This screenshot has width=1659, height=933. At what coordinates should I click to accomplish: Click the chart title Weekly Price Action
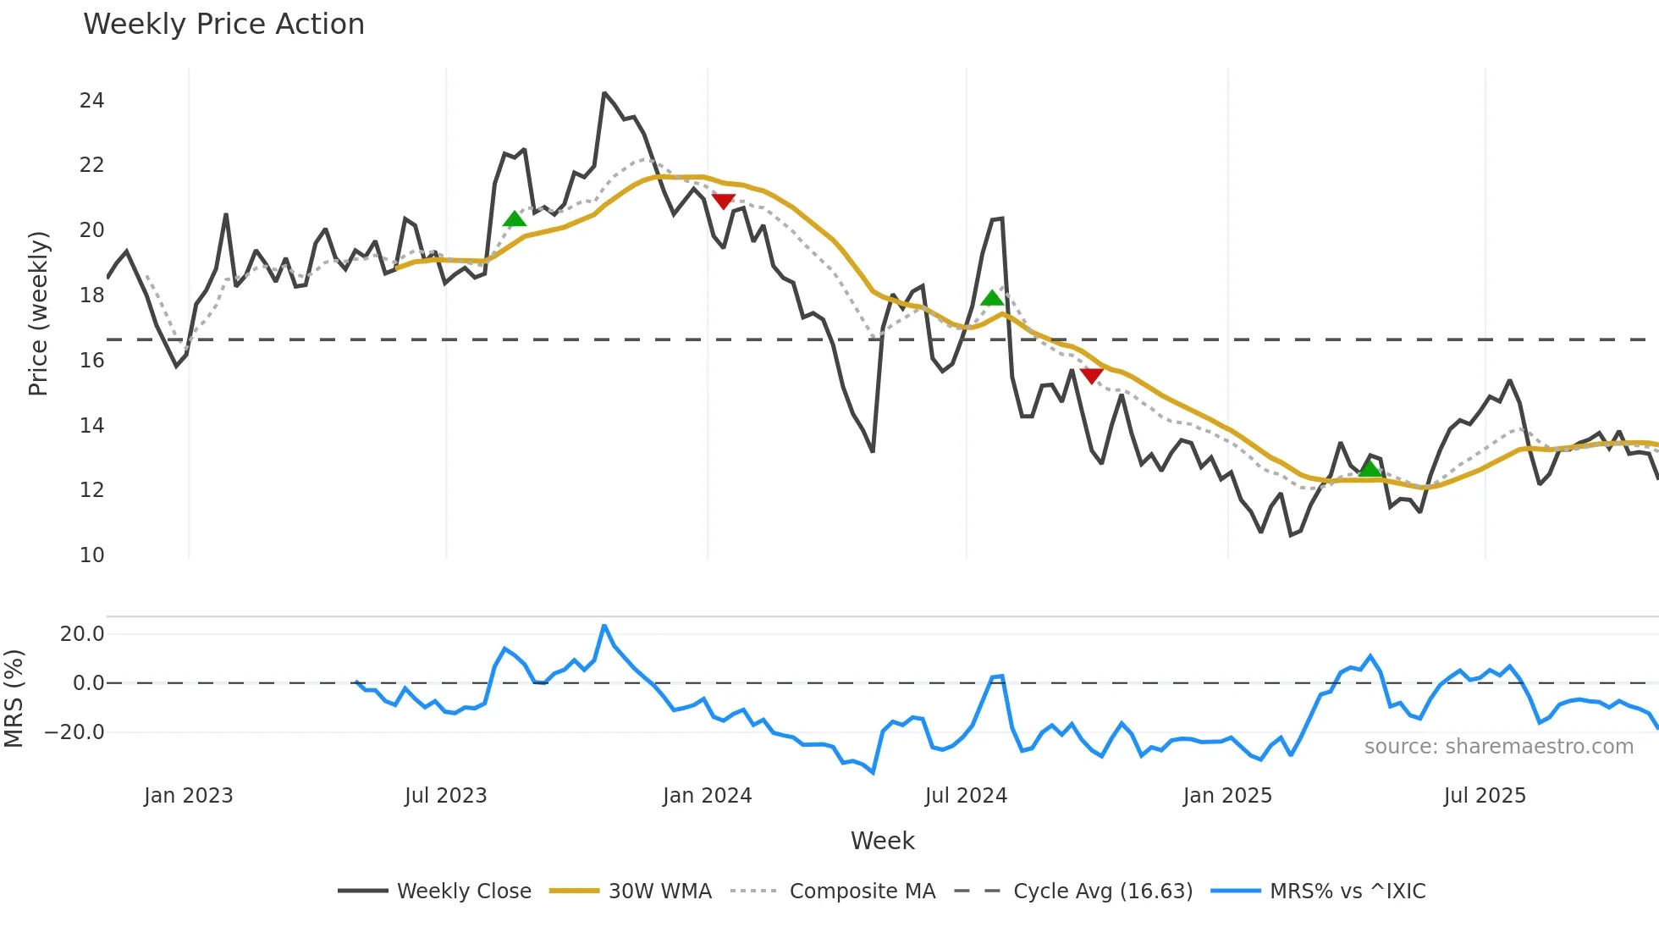coord(223,25)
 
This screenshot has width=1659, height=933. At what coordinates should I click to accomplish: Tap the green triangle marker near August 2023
coord(514,220)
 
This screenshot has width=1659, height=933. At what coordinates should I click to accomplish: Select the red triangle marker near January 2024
coord(723,201)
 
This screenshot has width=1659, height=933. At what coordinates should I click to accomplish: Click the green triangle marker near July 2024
coord(991,298)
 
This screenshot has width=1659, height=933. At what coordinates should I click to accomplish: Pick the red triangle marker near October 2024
coord(1091,375)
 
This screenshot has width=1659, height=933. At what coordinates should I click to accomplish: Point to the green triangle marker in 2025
coord(1369,469)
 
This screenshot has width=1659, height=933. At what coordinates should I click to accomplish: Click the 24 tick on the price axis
coord(91,101)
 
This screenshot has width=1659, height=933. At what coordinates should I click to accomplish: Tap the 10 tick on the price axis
coord(91,555)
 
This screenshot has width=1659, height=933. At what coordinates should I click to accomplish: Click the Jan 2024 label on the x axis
coord(707,796)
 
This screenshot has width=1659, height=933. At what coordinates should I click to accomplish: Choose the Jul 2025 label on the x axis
coord(1484,796)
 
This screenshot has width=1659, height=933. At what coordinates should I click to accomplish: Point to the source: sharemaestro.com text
coord(1498,747)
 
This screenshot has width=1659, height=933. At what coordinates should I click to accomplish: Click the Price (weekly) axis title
coord(38,313)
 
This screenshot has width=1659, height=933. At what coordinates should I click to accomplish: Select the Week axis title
coord(882,841)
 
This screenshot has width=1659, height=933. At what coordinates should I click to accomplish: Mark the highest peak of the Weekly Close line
coord(604,93)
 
